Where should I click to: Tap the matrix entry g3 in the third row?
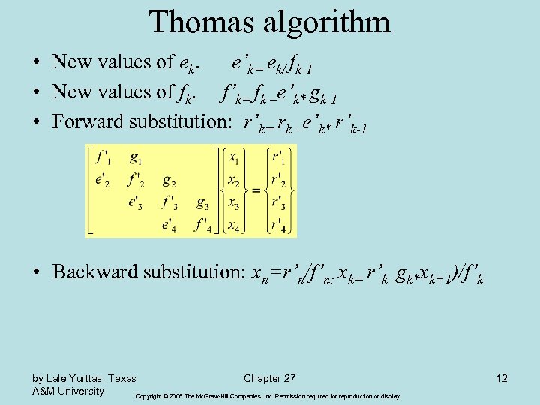pyautogui.click(x=202, y=202)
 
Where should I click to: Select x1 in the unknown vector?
pyautogui.click(x=234, y=159)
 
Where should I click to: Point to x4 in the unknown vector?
pyautogui.click(x=234, y=225)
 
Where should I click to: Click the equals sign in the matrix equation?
pyautogui.click(x=256, y=191)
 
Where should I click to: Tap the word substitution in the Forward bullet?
pyautogui.click(x=180, y=121)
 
